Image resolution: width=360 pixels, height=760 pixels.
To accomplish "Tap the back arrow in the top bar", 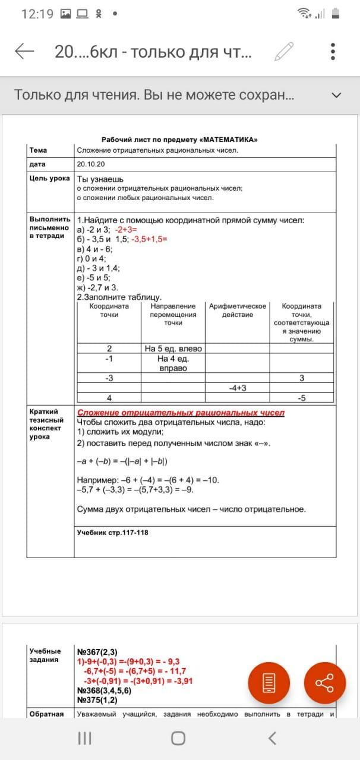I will (24, 52).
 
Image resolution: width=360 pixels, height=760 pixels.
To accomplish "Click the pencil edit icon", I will (284, 52).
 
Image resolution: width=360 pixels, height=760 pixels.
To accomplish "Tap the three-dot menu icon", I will (333, 52).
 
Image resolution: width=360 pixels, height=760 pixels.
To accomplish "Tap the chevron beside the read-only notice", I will (336, 95).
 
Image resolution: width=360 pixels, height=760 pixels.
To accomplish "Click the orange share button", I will (324, 683).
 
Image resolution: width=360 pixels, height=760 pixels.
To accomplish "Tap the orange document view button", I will (269, 683).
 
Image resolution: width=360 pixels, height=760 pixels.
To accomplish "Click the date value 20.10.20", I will (90, 164).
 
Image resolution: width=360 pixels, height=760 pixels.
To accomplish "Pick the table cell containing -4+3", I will (237, 388).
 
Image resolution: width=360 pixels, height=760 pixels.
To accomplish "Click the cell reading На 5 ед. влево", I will (173, 349).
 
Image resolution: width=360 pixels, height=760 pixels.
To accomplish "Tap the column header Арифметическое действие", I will (237, 311).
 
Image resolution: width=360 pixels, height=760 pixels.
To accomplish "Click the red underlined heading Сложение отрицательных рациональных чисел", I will (181, 413).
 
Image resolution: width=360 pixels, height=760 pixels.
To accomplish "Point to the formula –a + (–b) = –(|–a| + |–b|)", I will (125, 461).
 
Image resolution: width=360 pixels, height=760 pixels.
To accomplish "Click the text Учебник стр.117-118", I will (113, 533).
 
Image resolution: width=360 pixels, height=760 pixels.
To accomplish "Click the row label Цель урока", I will (49, 178).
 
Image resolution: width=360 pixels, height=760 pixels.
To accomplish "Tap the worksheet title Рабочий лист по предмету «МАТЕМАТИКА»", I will (179, 139).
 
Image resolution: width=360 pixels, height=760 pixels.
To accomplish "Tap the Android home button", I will (178, 738).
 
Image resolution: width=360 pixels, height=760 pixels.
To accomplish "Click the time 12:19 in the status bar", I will (37, 14).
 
